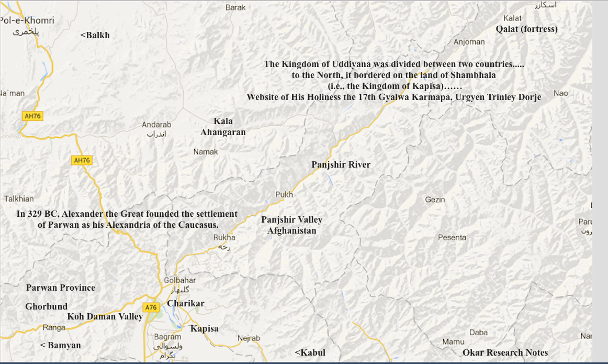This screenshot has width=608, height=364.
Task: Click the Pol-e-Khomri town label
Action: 27,21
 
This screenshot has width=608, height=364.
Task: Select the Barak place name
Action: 235,7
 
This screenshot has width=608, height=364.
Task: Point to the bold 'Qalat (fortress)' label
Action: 526,29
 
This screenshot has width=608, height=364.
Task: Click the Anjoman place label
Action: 469,42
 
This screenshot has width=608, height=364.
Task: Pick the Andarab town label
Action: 156,125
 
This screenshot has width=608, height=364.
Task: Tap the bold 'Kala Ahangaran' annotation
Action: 223,127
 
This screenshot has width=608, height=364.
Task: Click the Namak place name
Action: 206,152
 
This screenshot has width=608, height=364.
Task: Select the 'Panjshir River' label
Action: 341,165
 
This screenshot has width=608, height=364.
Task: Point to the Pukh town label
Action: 284,195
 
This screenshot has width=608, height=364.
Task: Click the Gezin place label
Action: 435,200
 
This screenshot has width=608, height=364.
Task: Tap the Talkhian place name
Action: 19,199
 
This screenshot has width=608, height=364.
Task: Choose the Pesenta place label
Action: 452,238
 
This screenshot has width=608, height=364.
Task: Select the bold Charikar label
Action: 186,304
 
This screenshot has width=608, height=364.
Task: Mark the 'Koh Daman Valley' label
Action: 105,317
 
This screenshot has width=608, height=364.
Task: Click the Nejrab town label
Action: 249,339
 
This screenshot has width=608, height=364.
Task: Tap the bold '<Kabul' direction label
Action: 310,353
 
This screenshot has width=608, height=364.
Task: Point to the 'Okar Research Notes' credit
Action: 505,353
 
